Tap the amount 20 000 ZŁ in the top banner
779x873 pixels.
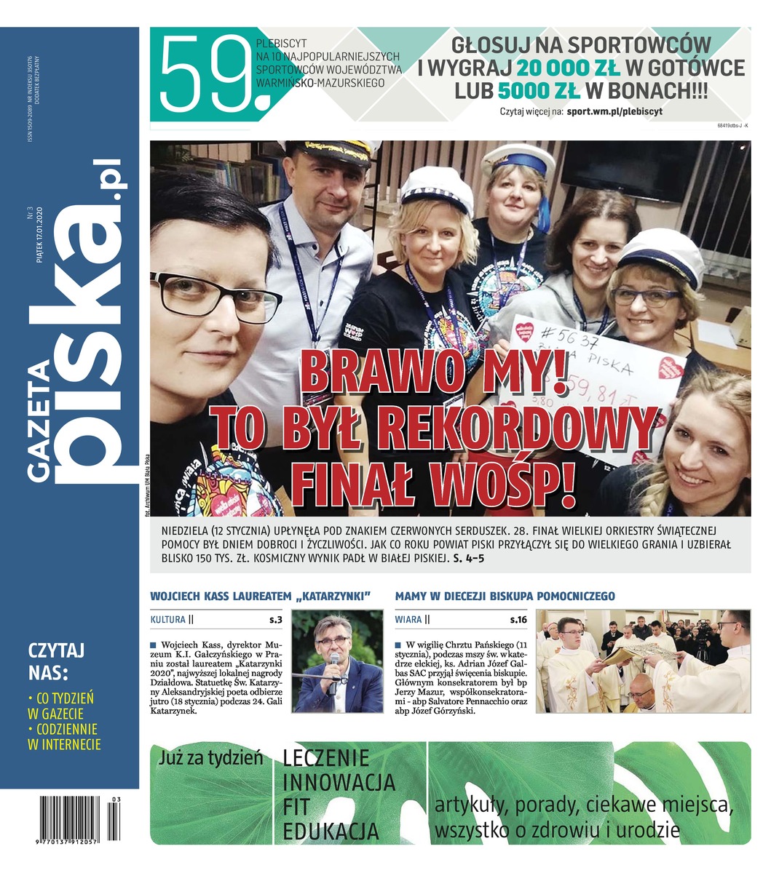[x=569, y=68]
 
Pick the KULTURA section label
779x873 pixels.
[x=167, y=620]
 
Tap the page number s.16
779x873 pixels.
[x=518, y=620]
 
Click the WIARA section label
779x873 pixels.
[x=408, y=620]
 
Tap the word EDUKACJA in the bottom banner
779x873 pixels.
[x=331, y=832]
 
